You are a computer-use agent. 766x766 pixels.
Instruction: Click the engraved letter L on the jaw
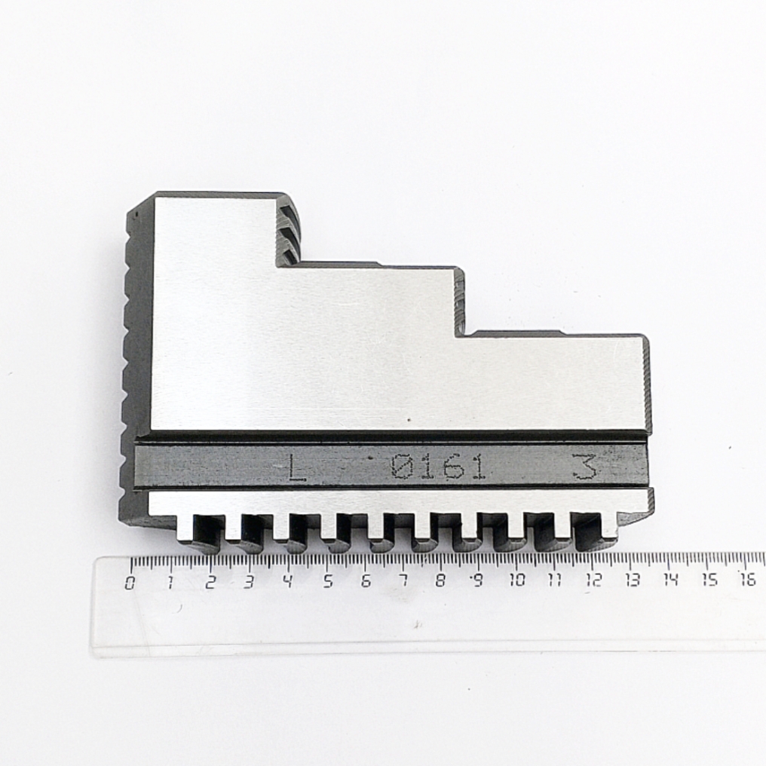point(296,468)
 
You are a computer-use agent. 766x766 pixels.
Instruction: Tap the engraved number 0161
point(437,467)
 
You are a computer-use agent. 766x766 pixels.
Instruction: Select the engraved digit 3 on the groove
point(586,467)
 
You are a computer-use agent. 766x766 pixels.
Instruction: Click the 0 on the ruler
point(130,582)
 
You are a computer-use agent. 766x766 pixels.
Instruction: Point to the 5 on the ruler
point(328,581)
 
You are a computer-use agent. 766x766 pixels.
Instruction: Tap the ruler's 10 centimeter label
point(517,581)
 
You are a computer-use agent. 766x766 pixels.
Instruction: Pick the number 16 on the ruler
point(748,579)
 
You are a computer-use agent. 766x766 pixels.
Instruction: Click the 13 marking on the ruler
point(632,580)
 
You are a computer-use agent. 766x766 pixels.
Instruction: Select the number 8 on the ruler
point(440,581)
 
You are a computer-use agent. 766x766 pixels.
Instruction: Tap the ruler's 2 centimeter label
point(210,582)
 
